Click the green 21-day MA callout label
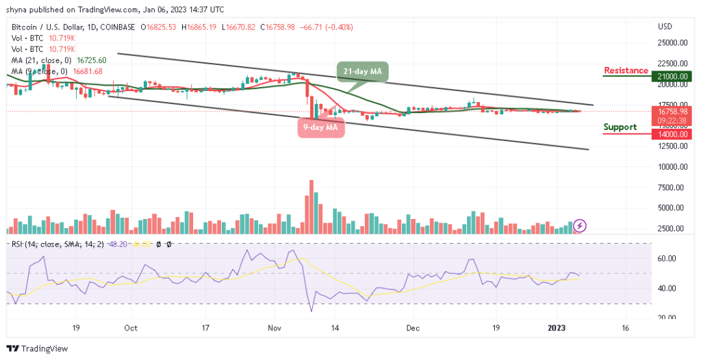tap(363, 72)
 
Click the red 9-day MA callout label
tap(320, 128)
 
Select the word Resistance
tap(626, 70)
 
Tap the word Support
tap(620, 127)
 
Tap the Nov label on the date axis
tap(274, 328)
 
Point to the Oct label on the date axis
tap(131, 328)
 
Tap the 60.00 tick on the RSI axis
tap(667, 259)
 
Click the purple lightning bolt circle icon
tap(580, 225)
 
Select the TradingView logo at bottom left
tap(38, 349)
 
